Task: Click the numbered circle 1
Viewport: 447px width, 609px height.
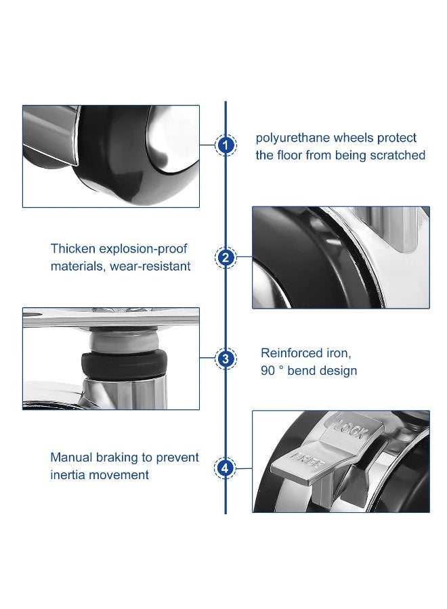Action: (x=226, y=145)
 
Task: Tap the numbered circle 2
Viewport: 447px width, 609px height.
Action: (x=226, y=257)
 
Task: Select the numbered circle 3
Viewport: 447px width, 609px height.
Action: (x=226, y=359)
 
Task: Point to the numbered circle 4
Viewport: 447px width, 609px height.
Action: (x=226, y=468)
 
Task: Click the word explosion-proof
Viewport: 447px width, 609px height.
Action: (x=146, y=249)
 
